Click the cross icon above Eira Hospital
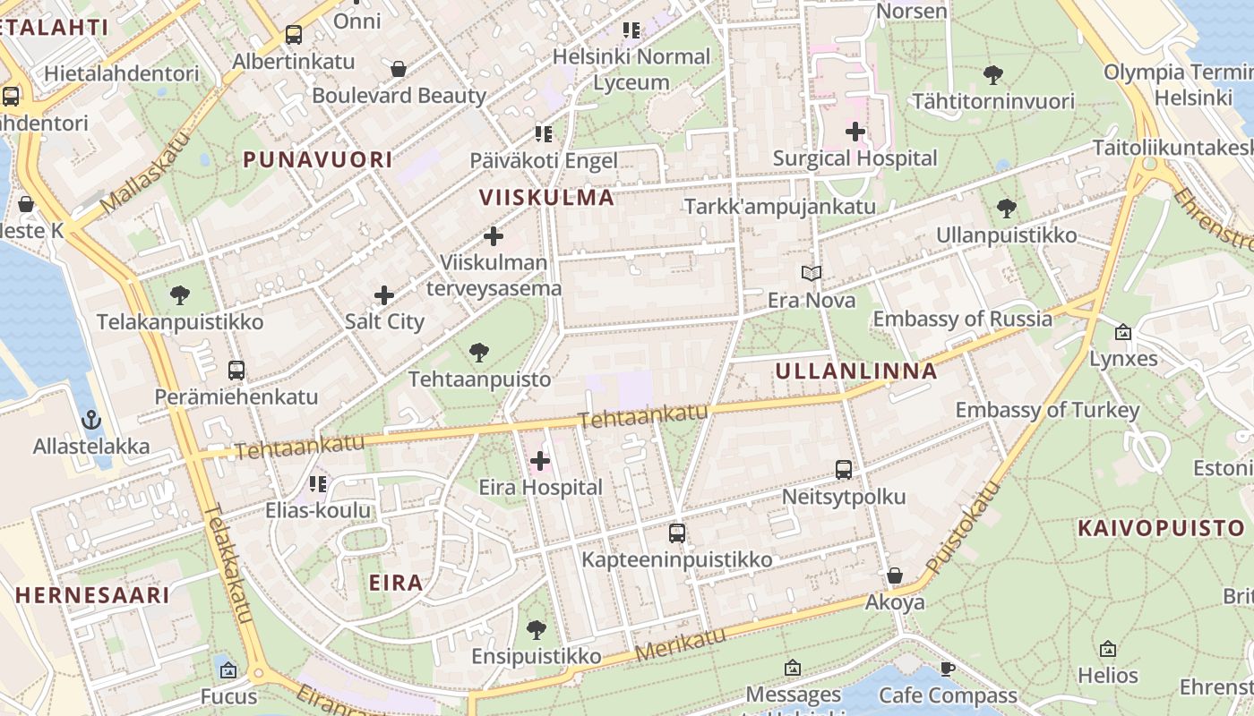540,461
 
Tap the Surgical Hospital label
855,158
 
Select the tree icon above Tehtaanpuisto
479,353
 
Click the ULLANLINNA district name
855,371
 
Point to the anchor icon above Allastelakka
90,420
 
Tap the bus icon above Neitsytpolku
843,469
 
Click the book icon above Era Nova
812,273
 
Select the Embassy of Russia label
962,319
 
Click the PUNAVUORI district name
318,160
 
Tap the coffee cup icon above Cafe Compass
948,669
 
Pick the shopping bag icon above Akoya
894,575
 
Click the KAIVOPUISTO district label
1161,528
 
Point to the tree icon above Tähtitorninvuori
992,74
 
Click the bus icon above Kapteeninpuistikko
677,533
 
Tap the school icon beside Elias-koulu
317,484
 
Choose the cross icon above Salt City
384,294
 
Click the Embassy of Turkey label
1047,410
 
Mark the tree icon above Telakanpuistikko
180,294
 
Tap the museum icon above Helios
1108,649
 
